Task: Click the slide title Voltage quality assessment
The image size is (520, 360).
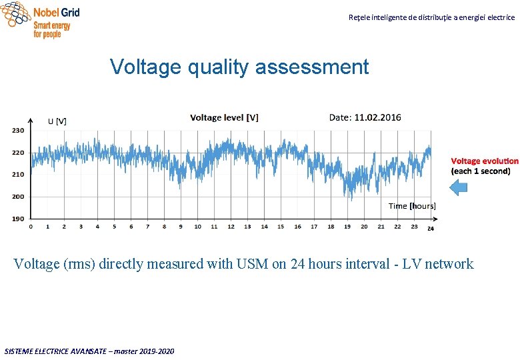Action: pos(239,67)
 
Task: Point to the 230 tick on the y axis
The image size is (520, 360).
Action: pos(18,130)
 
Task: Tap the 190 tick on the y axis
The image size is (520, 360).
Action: pos(18,218)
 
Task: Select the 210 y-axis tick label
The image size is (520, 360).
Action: pos(18,174)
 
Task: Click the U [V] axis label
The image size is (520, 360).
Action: pos(57,121)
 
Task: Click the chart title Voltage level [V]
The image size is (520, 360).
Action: pos(224,117)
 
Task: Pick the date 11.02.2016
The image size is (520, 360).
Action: pos(377,117)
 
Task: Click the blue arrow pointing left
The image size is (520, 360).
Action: pos(459,188)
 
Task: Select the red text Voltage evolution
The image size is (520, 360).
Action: pos(484,161)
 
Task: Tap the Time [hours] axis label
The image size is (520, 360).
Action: pos(412,206)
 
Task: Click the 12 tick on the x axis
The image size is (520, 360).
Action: pos(231,227)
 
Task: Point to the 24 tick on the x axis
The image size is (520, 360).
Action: pos(431,228)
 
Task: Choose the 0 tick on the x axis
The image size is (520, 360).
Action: pos(31,227)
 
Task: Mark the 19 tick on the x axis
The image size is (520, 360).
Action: pos(347,227)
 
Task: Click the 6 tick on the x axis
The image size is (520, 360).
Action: pos(131,227)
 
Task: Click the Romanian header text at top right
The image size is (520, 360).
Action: pos(431,17)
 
